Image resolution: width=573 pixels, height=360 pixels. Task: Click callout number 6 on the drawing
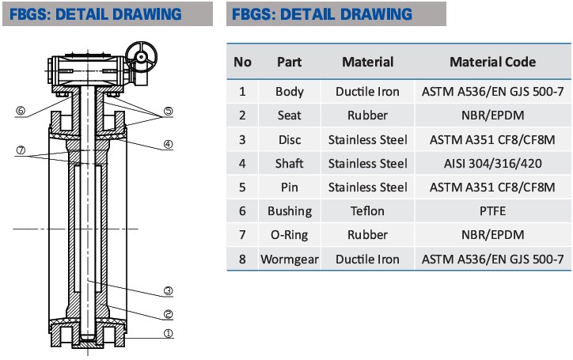pyautogui.click(x=21, y=111)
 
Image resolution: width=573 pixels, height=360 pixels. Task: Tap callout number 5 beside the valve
pyautogui.click(x=168, y=111)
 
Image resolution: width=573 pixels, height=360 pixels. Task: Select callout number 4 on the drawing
pyautogui.click(x=168, y=144)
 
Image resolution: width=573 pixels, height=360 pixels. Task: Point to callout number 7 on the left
pyautogui.click(x=21, y=150)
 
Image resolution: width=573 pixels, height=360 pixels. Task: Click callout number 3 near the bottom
pyautogui.click(x=168, y=290)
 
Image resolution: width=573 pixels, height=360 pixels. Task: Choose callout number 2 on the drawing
pyautogui.click(x=168, y=312)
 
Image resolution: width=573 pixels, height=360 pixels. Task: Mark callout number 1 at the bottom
pyautogui.click(x=168, y=334)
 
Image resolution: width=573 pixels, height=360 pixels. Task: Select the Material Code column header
pyautogui.click(x=492, y=62)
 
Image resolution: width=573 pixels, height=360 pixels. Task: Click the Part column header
pyautogui.click(x=289, y=62)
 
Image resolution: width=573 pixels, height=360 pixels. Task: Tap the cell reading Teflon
pyautogui.click(x=367, y=211)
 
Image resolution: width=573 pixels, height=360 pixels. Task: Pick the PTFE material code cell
pyautogui.click(x=492, y=211)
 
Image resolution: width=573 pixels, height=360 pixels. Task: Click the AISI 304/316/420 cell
pyautogui.click(x=492, y=163)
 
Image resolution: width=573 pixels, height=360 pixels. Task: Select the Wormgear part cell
pyautogui.click(x=289, y=260)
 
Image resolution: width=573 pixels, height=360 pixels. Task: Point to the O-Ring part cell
pyautogui.click(x=289, y=235)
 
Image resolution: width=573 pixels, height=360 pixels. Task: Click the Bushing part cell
pyautogui.click(x=289, y=211)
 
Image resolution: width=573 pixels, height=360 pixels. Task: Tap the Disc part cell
pyautogui.click(x=289, y=139)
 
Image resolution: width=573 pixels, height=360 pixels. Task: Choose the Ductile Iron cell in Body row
pyautogui.click(x=367, y=92)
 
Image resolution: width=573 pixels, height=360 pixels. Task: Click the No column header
pyautogui.click(x=243, y=62)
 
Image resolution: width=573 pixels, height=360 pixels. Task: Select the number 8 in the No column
pyautogui.click(x=243, y=260)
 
